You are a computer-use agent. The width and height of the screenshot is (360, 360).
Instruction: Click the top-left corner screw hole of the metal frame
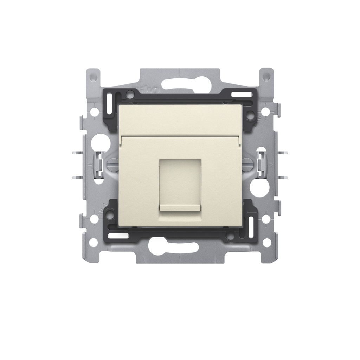92,76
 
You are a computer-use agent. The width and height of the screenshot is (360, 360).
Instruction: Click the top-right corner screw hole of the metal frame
267,76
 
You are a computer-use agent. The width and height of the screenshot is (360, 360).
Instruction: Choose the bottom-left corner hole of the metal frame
92,242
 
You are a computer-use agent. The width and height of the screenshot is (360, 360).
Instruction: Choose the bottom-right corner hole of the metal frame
267,242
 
